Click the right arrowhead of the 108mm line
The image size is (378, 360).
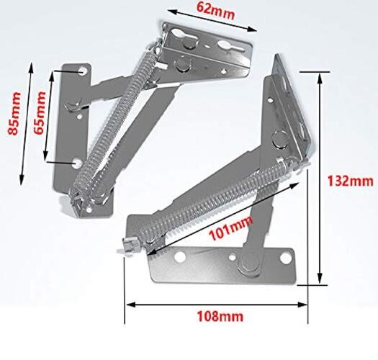point(306,304)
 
